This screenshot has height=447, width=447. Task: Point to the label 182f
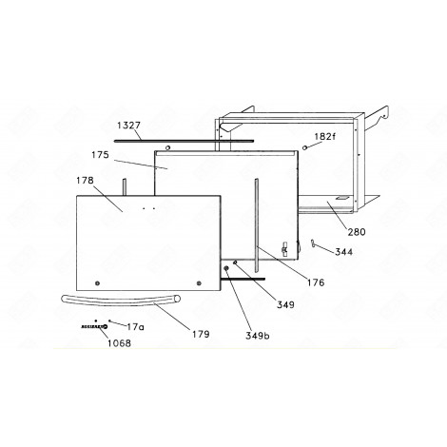point(325,136)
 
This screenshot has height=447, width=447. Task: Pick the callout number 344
point(343,254)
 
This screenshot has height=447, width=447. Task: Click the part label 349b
point(256,335)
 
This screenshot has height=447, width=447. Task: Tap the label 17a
point(136,326)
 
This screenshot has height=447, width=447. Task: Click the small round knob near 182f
point(303,148)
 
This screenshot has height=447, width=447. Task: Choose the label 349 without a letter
point(285,304)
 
